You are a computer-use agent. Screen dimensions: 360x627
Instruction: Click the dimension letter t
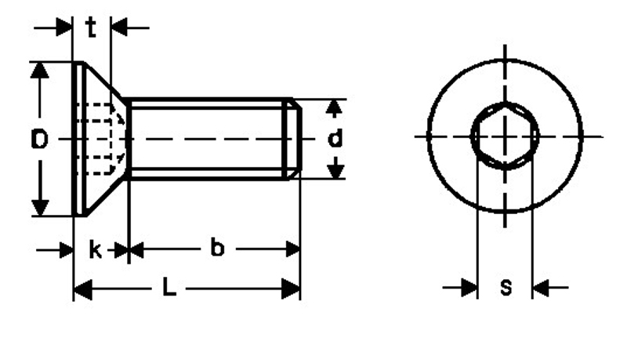(91, 29)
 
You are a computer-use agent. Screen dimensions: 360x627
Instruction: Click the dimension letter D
(40, 140)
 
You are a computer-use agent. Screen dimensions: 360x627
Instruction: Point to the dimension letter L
(169, 289)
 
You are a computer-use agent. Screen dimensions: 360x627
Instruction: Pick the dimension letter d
(335, 140)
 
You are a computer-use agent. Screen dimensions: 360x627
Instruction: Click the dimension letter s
(506, 288)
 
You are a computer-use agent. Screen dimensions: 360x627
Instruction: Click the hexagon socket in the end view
(506, 136)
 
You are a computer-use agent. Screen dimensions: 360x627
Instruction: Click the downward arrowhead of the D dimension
(40, 208)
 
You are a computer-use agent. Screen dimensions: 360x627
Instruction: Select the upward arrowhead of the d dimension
(335, 107)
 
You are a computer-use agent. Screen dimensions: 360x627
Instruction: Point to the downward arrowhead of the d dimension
(335, 169)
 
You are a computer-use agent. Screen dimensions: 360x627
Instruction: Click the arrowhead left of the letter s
(469, 289)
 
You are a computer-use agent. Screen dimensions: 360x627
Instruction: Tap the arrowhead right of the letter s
(542, 289)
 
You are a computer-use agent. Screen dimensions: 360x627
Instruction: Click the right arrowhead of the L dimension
(292, 289)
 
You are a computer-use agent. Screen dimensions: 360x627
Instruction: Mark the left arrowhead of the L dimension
(82, 289)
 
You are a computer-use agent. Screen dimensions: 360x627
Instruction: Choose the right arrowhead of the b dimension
(292, 249)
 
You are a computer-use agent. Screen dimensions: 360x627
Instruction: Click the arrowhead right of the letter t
(119, 29)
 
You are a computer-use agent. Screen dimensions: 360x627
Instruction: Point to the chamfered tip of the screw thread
(293, 139)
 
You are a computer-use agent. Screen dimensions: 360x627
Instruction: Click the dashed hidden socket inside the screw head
(100, 139)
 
